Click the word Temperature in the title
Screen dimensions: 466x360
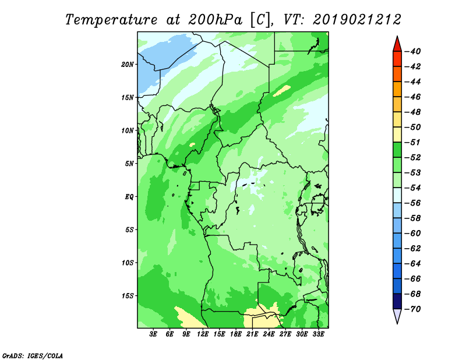pos(111,20)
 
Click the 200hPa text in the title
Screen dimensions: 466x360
pos(215,20)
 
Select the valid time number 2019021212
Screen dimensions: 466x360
pos(357,20)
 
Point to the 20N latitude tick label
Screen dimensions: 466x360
pos(128,65)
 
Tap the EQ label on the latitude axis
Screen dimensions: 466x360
pos(129,197)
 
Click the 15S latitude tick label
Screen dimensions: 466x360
pos(128,296)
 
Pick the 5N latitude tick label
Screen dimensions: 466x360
pos(129,164)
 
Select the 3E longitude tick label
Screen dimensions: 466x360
pos(153,334)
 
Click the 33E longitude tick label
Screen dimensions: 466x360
pos(318,334)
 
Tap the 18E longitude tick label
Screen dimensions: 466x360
pos(236,334)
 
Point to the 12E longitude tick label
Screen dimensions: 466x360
pos(203,334)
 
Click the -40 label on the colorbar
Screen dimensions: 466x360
pos(413,51)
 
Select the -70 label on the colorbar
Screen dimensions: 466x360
pos(413,309)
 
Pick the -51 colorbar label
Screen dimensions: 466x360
pos(413,142)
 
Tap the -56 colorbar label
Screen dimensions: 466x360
pos(413,203)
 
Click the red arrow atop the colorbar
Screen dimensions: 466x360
pos(397,45)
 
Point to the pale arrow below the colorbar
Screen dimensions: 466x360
pos(397,316)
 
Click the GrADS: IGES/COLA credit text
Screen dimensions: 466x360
pos(33,355)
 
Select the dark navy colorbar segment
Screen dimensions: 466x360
pos(397,301)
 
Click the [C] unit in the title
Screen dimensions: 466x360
pos(260,20)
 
